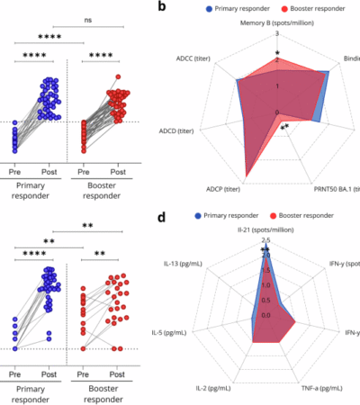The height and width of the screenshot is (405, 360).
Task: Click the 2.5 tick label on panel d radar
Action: [265, 240]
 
